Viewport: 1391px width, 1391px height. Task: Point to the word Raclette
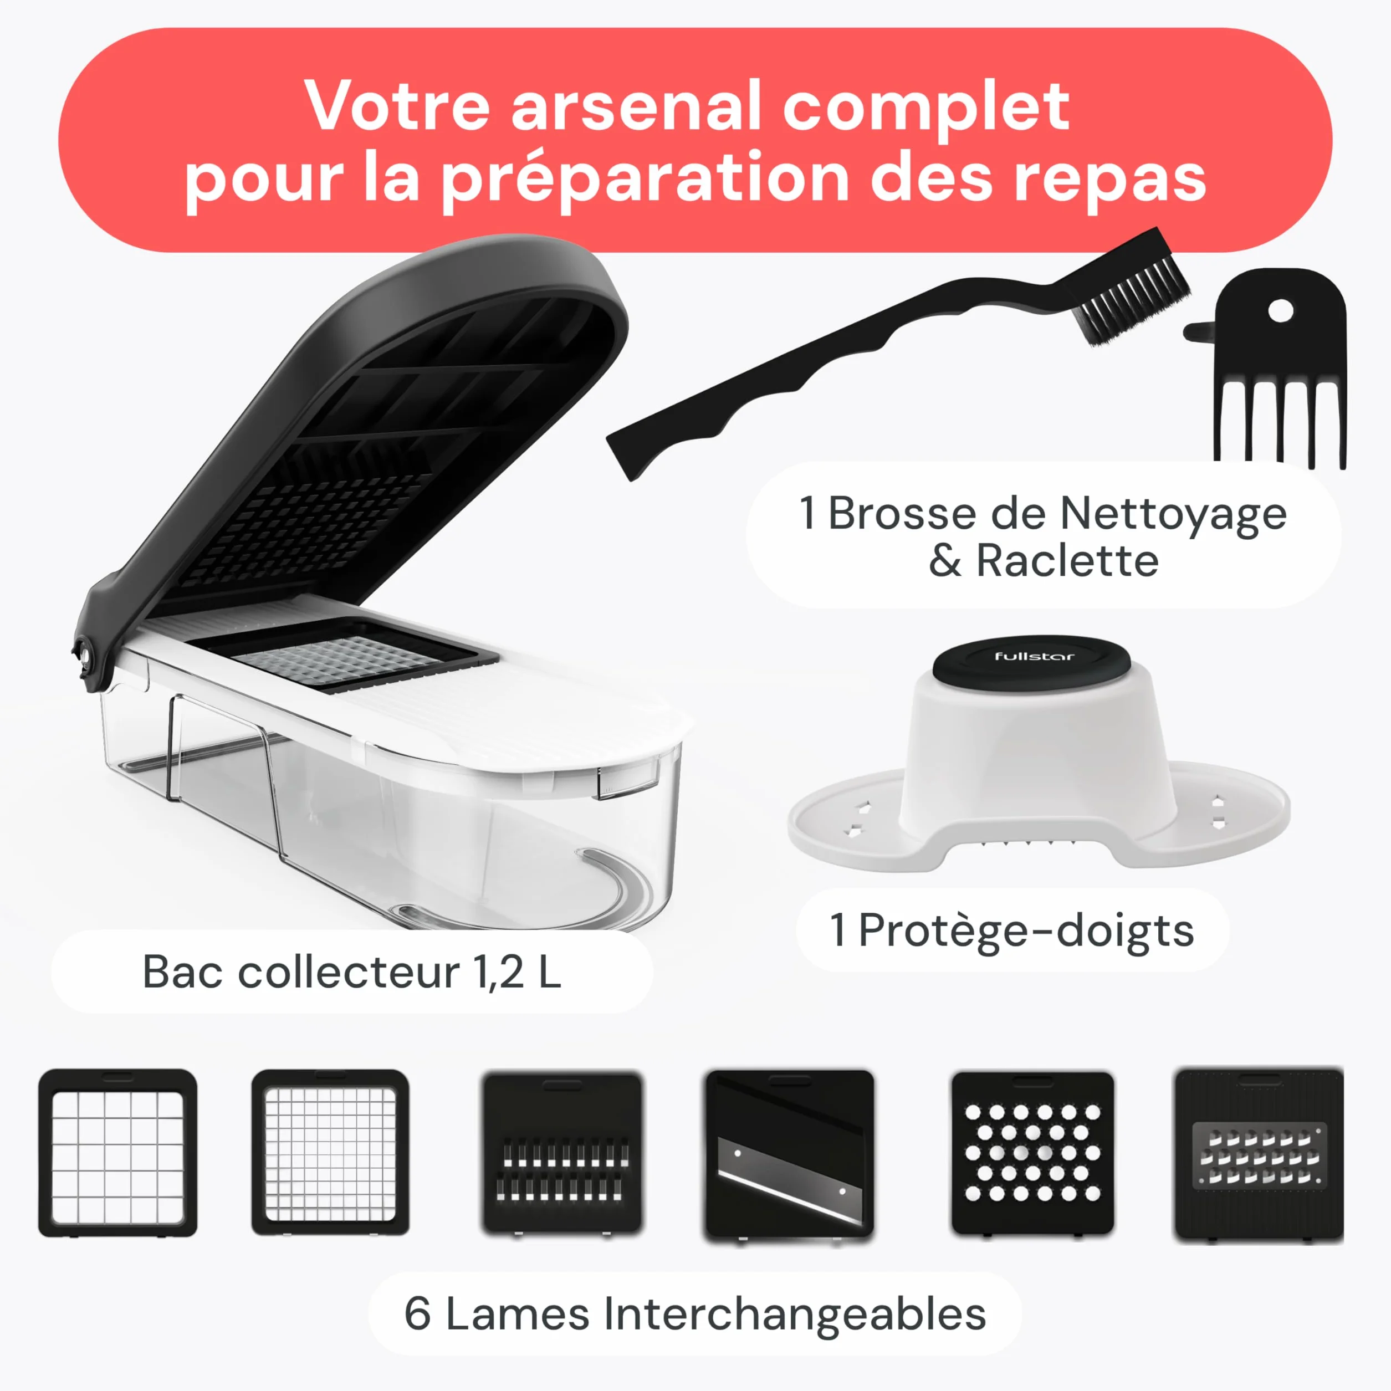pyautogui.click(x=1067, y=561)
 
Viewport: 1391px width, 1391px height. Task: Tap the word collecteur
pyautogui.click(x=349, y=973)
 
